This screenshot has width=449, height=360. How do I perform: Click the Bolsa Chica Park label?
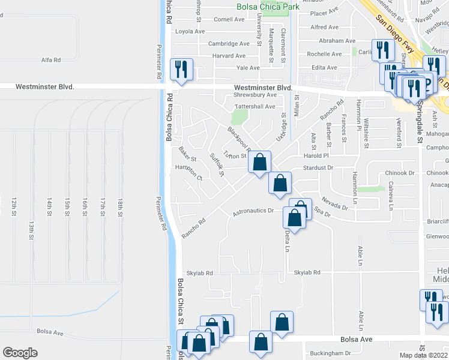(267, 7)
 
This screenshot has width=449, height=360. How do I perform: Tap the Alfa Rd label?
(50, 60)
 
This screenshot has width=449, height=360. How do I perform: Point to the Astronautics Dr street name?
(253, 211)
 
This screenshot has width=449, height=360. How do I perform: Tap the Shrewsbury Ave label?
(255, 95)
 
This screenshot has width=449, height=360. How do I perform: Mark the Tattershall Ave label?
(254, 106)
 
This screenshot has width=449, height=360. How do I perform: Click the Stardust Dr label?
(318, 168)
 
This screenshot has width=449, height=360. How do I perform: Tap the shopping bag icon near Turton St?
(259, 162)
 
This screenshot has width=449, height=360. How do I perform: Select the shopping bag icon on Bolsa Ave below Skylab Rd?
(261, 343)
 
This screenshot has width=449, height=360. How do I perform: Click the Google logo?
(20, 353)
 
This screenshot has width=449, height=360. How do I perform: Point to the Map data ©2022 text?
(424, 355)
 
